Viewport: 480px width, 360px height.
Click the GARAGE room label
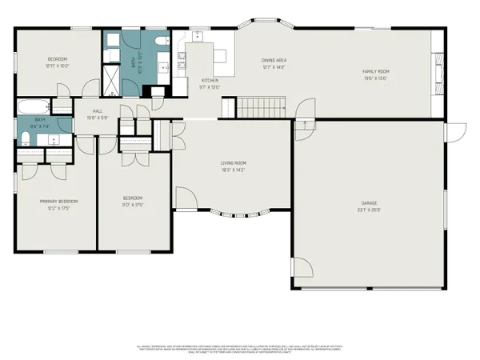click(369, 203)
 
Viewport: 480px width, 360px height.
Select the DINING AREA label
click(274, 60)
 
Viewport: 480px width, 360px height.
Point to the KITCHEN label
click(210, 81)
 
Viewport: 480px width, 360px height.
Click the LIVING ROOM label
click(233, 163)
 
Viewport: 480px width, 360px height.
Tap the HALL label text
click(98, 111)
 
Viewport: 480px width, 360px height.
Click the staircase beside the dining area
click(262, 106)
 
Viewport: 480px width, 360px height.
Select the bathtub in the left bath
click(31, 106)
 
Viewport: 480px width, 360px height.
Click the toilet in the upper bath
click(161, 41)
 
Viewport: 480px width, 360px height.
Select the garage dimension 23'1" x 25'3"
click(369, 210)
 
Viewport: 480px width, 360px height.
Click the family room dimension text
click(376, 78)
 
